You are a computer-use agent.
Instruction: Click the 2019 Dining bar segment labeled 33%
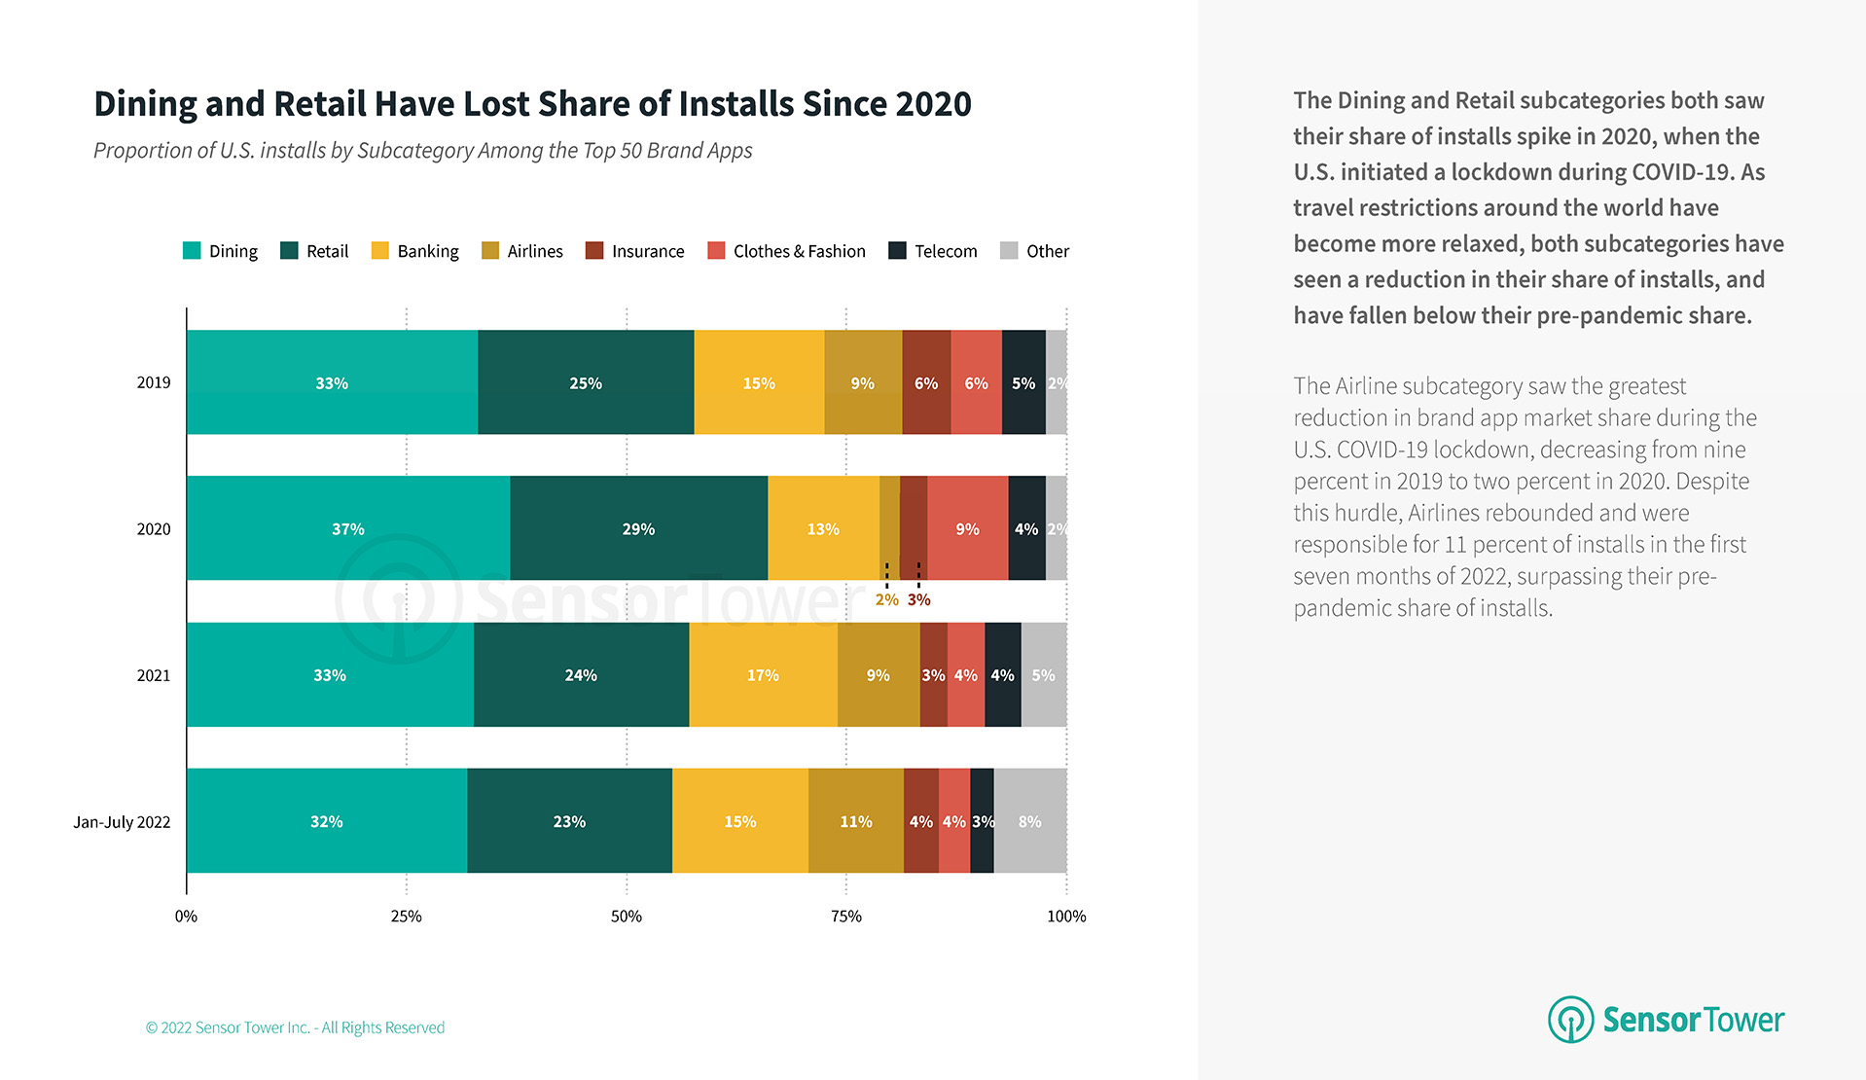(332, 382)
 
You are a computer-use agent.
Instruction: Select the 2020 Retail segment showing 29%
(638, 528)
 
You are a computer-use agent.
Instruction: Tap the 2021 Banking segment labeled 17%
(763, 674)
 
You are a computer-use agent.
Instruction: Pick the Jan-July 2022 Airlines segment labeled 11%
(855, 821)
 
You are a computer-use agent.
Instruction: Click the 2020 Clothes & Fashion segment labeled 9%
(967, 528)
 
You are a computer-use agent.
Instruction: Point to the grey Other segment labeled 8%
(1029, 821)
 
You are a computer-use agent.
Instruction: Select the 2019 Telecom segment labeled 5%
(1023, 382)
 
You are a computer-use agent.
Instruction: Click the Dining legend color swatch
(192, 251)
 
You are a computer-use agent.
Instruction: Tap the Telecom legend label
(946, 251)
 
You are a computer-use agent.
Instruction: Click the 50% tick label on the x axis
(626, 916)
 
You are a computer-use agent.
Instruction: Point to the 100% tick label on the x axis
(1066, 916)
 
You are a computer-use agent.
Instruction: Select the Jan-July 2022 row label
(122, 822)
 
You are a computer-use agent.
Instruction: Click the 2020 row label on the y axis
(153, 529)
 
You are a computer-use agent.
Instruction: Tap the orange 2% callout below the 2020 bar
(886, 599)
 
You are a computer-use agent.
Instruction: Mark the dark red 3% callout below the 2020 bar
(919, 599)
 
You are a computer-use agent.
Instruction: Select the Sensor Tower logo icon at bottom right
(1570, 1020)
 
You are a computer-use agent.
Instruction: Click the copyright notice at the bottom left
(295, 1027)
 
